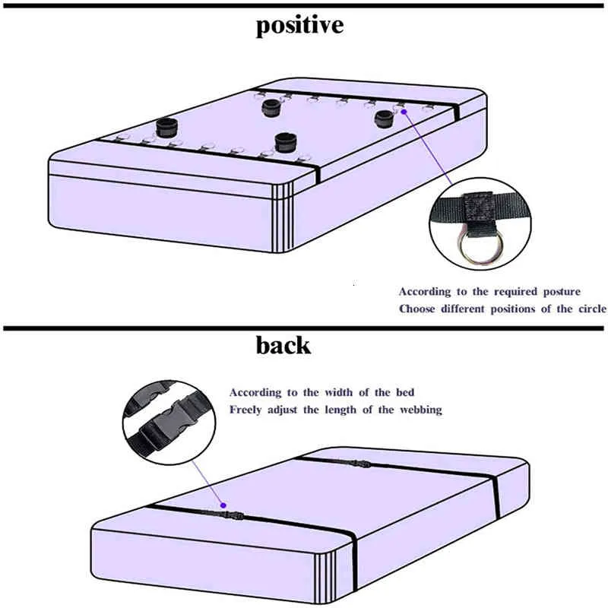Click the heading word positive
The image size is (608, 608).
tap(299, 26)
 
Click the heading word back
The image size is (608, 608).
tap(283, 345)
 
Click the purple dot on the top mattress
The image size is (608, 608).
tap(404, 112)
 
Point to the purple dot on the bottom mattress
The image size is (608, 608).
tap(223, 505)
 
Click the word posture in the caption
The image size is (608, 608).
tap(562, 292)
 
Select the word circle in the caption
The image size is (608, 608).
tap(593, 309)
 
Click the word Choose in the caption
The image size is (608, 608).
tap(416, 309)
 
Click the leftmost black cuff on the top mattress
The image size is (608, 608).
tap(167, 128)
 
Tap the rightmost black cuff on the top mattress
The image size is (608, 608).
tap(385, 119)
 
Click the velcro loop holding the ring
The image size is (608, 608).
tap(480, 213)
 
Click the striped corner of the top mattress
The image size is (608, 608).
tap(282, 217)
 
